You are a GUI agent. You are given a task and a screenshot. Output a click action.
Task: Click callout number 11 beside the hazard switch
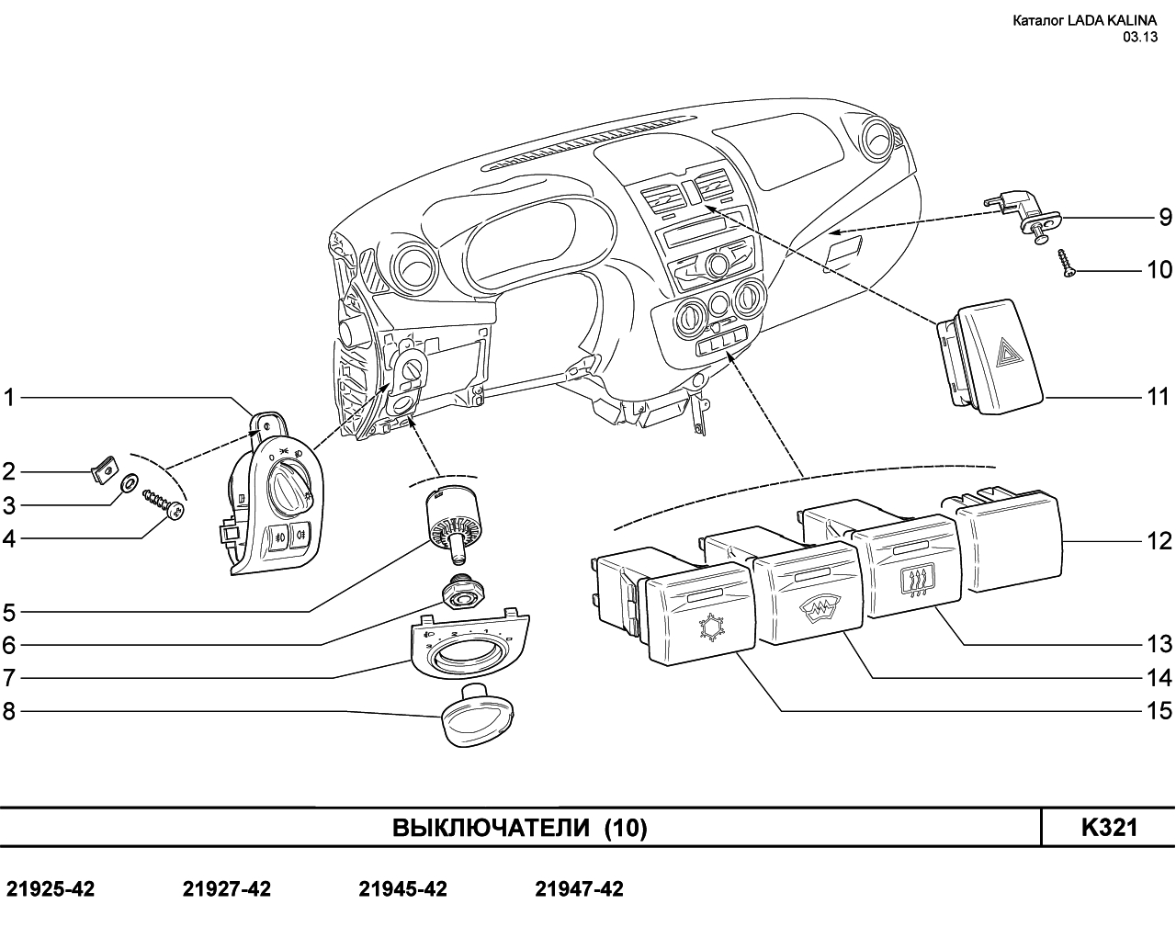[1158, 397]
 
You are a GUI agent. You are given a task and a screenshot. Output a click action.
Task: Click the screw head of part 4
[175, 511]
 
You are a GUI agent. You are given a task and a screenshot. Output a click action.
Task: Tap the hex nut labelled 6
[463, 589]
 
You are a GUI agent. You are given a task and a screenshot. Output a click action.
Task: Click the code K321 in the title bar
[1109, 828]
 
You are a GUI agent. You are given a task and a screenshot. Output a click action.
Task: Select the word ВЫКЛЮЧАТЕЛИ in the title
[491, 828]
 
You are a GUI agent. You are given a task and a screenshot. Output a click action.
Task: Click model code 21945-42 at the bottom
[402, 888]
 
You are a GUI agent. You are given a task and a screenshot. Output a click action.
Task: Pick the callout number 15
[1158, 711]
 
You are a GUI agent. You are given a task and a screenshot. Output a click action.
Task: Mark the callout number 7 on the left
[8, 678]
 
